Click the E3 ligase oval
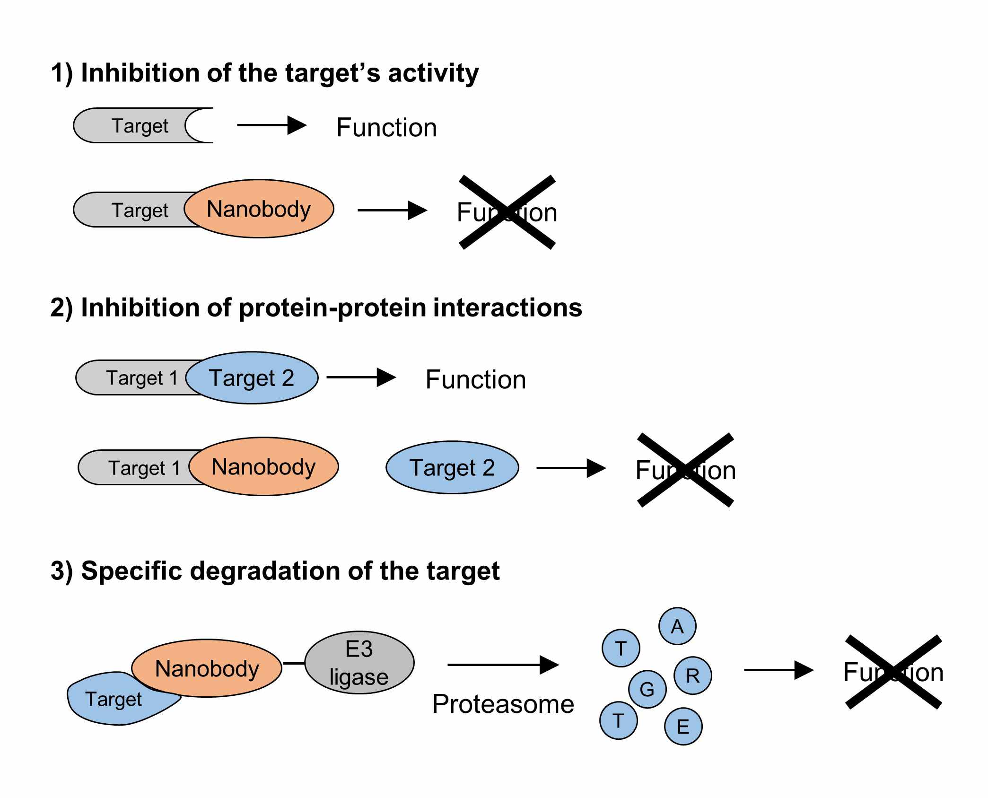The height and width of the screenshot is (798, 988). pos(359,662)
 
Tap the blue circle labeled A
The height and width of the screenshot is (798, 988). pos(677,626)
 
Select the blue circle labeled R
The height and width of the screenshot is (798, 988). pos(692,675)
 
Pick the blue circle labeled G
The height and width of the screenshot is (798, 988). pos(647,689)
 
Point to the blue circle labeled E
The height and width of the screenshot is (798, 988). pos(683,726)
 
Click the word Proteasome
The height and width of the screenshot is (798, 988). pos(503,704)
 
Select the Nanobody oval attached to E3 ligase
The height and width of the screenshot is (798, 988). pos(207,668)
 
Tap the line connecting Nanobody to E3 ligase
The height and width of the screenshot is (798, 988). pos(293,663)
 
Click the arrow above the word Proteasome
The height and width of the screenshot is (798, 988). pos(503,665)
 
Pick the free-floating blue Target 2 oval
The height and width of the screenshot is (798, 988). pos(452,467)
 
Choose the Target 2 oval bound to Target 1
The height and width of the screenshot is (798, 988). pos(252,377)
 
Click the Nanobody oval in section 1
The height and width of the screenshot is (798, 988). pos(259,209)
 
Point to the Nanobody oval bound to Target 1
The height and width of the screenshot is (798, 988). pos(263,466)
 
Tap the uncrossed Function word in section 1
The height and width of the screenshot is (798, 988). pos(386,127)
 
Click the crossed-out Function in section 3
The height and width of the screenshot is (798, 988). pos(893,672)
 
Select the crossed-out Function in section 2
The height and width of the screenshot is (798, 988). pos(685,470)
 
